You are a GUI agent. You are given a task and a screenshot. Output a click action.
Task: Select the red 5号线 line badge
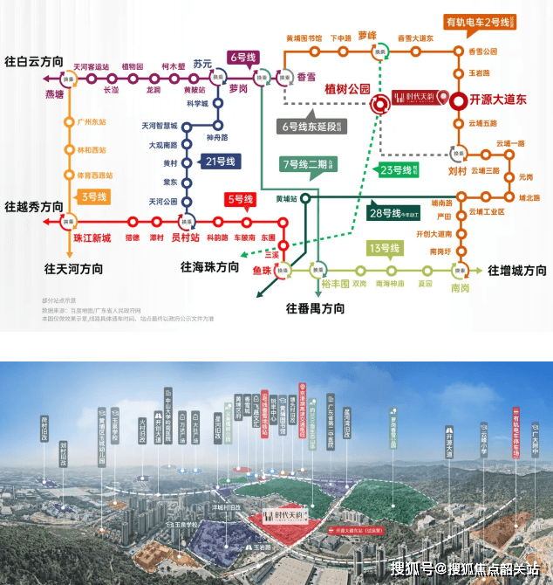point(238,199)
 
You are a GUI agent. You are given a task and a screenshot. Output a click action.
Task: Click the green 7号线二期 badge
point(309,163)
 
